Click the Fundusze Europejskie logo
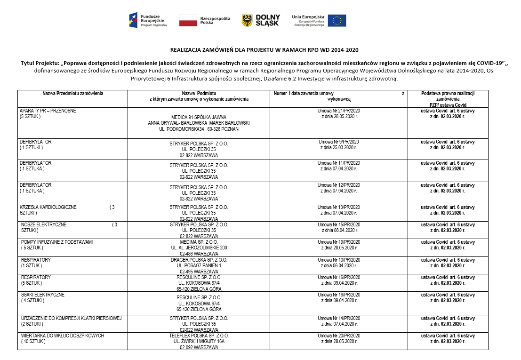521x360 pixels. [x=148, y=20]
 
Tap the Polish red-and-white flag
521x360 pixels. [x=188, y=20]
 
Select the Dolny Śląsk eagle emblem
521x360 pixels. [x=247, y=20]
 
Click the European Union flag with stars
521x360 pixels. [x=337, y=20]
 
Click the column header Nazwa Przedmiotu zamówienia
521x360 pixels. [x=72, y=94]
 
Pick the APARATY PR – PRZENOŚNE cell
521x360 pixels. [x=48, y=111]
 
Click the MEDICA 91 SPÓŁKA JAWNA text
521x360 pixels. [x=199, y=117]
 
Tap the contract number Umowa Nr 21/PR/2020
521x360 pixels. [x=338, y=111]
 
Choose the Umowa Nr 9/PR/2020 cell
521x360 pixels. [x=338, y=142]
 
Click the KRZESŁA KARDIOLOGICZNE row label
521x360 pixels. [x=48, y=207]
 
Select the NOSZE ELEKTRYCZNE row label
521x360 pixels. [x=44, y=225]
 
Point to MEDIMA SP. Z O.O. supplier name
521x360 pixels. [x=199, y=242]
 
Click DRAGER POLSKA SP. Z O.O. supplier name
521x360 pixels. [x=199, y=260]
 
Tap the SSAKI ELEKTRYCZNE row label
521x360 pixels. [x=43, y=295]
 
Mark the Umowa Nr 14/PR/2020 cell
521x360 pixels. [x=338, y=319]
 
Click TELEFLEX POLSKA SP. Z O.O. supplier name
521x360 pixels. [x=199, y=336]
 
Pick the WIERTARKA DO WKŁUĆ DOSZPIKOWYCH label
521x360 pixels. [x=63, y=336]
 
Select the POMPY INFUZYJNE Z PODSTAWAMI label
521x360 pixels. [x=57, y=242]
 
